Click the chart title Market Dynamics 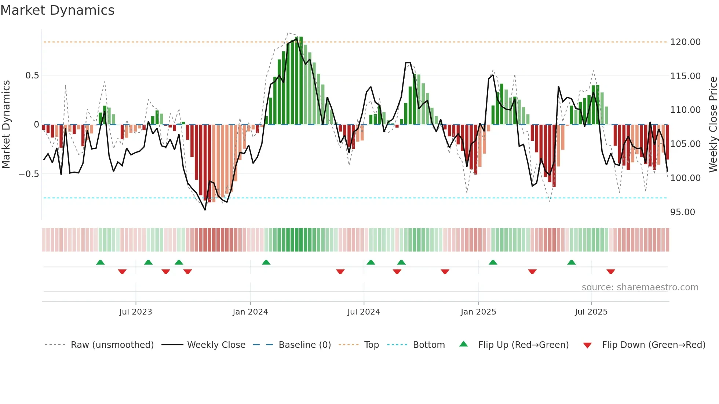coord(57,10)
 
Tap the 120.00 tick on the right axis coord(685,42)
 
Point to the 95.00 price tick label coord(682,212)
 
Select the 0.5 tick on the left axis coord(32,76)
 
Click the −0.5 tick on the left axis coord(29,174)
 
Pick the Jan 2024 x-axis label coord(250,312)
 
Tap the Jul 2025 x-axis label coord(591,312)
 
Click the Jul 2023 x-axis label coord(135,312)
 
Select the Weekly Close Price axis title coord(713,125)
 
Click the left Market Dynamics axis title coord(6,125)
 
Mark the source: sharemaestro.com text coord(640,287)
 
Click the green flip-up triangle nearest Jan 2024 coord(266,262)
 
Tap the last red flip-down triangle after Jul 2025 coord(610,272)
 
